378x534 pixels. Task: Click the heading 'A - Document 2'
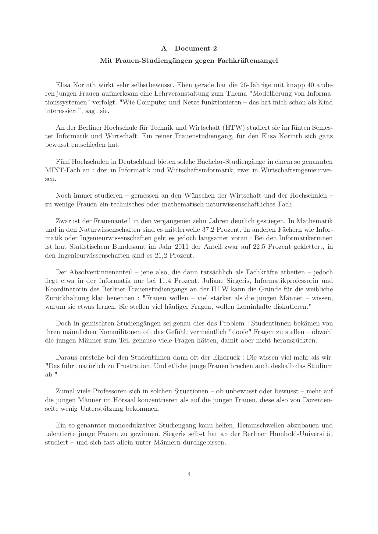(189, 48)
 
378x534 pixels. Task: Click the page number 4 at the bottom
(189, 474)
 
